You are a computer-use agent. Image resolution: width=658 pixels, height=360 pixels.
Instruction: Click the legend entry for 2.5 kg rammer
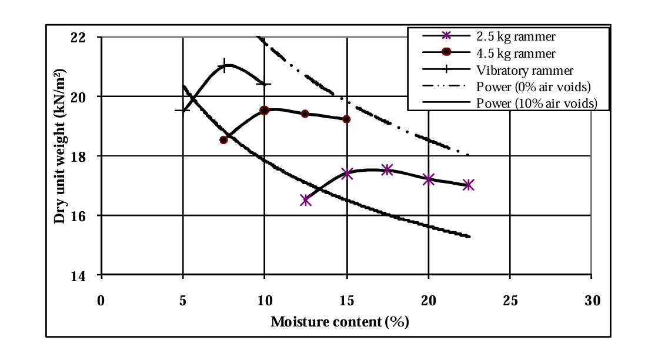coord(516,36)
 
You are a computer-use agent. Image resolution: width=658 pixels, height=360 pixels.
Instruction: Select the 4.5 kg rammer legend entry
coord(516,54)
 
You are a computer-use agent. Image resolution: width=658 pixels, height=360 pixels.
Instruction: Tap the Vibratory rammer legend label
coord(525,71)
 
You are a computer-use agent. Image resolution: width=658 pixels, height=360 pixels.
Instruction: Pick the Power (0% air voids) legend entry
coord(533,87)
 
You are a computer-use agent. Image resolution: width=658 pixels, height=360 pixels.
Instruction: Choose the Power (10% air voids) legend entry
coord(536,104)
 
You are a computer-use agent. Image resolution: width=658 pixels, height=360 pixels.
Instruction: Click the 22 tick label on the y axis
coord(86,37)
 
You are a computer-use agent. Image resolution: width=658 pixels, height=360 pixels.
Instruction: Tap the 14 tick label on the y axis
coord(86,275)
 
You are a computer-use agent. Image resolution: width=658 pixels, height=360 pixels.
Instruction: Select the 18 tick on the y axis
coord(86,156)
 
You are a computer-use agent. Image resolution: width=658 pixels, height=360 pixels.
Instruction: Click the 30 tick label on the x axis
coord(593,301)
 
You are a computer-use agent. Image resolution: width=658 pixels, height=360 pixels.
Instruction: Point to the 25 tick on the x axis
coord(510,301)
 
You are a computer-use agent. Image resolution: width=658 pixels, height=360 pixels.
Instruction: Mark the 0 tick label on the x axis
coord(102,301)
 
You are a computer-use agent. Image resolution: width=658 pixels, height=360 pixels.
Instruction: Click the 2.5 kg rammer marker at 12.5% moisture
coord(306,200)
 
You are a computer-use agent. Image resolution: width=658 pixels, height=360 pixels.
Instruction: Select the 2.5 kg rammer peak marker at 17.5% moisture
coord(387,169)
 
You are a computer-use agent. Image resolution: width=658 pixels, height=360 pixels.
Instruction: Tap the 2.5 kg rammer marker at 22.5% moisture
coord(469,185)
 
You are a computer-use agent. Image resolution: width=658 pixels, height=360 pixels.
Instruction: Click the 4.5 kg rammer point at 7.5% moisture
coord(223,140)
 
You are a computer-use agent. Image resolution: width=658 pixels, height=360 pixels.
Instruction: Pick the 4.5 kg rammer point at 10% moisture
coord(265,110)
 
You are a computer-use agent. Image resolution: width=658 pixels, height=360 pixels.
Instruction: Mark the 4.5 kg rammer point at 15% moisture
coord(346,119)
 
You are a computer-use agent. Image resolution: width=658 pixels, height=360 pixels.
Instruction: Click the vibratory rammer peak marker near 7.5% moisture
coord(224,66)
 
